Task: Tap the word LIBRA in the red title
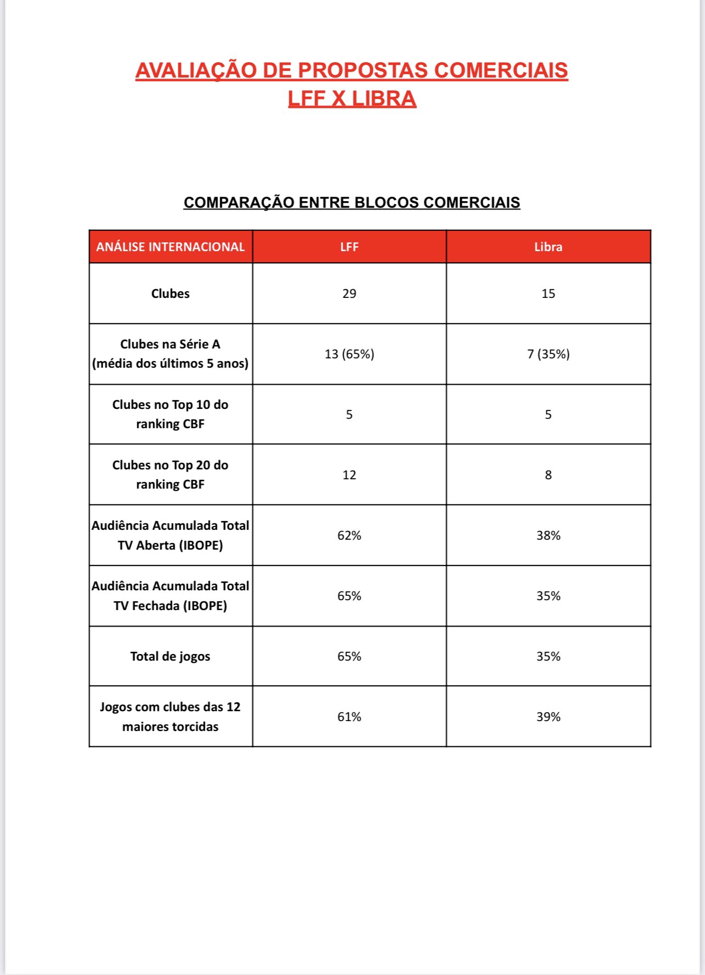coord(384,99)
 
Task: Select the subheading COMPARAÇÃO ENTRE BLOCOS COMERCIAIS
coord(351,202)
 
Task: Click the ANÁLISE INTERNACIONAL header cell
coord(170,247)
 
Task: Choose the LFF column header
coord(349,247)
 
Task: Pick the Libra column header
coord(548,247)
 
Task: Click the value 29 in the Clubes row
coord(349,293)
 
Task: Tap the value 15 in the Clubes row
coord(548,293)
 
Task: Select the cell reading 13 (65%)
coord(349,354)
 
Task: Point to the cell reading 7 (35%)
coord(548,354)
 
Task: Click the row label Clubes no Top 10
coord(170,414)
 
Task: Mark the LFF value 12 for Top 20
coord(349,475)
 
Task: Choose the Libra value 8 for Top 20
coord(548,475)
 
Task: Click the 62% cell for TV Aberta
coord(349,535)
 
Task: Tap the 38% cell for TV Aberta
coord(548,535)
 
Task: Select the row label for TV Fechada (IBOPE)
coord(170,596)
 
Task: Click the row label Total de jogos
coord(170,656)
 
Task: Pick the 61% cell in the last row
coord(349,717)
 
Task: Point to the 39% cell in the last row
coord(548,717)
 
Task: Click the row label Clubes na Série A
coord(170,353)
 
